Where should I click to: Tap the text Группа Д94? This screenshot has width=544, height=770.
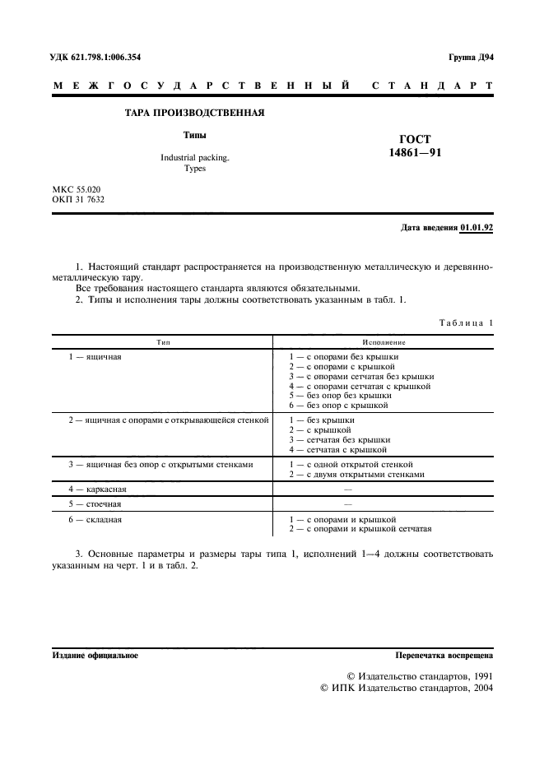click(470, 58)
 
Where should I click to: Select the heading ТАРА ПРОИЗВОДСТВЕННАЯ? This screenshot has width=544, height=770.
click(194, 113)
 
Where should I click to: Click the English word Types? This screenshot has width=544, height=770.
click(195, 168)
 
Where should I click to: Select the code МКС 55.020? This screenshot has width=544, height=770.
click(77, 189)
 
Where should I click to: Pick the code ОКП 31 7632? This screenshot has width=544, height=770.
click(78, 200)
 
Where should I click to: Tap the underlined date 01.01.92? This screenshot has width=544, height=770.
click(477, 228)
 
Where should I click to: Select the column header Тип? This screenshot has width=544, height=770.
click(162, 341)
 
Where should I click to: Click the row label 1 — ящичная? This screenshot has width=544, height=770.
click(95, 357)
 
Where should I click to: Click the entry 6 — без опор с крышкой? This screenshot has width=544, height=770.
click(338, 405)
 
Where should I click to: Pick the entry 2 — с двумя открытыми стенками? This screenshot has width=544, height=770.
click(356, 474)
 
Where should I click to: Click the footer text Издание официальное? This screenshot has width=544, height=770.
click(95, 656)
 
